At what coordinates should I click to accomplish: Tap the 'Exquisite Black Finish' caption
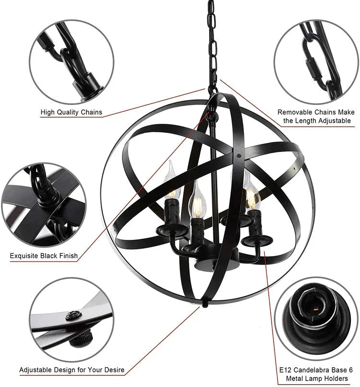[x=44, y=256]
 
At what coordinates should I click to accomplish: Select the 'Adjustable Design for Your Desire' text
[x=72, y=370]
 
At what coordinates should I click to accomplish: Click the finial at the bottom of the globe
[x=204, y=303]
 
